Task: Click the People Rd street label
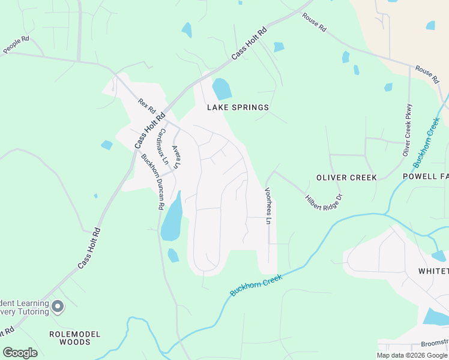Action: point(16,45)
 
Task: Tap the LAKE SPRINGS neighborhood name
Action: point(238,108)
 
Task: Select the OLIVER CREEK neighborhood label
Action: point(346,178)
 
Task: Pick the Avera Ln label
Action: point(176,157)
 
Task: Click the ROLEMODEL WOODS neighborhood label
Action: point(76,338)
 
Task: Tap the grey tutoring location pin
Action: point(58,307)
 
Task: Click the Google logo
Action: point(20,353)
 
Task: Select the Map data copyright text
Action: point(412,355)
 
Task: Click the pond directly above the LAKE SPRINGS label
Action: point(221,89)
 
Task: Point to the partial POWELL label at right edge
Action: point(426,178)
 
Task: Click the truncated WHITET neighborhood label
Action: point(433,271)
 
